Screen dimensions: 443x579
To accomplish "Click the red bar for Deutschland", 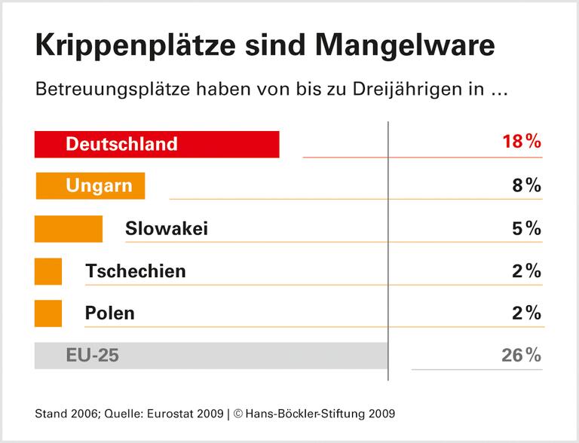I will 157,144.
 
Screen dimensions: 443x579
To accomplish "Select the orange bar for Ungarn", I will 90,186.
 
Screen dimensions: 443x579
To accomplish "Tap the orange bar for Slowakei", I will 68,228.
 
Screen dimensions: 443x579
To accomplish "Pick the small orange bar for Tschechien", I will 48,270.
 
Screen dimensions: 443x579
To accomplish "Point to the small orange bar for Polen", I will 48,313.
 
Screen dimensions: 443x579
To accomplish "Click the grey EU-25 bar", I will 211,356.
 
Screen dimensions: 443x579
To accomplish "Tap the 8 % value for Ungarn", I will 526,185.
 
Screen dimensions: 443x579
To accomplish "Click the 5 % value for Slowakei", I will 526,228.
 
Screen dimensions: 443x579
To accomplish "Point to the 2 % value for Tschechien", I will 526,271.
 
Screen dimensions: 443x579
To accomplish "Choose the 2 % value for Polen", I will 526,313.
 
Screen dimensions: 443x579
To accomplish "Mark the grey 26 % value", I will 521,356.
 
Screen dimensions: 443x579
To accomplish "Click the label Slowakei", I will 167,228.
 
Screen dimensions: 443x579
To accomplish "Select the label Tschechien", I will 136,270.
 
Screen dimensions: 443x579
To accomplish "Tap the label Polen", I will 110,313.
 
